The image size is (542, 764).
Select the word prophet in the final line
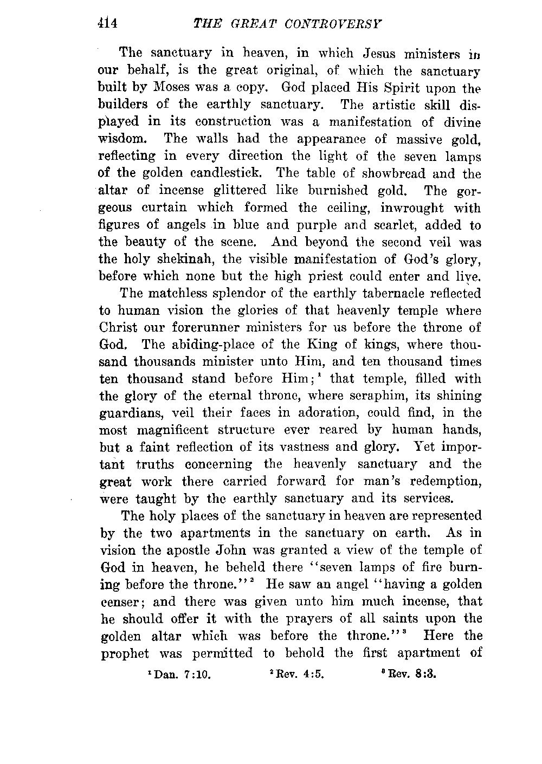coord(125,653)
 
